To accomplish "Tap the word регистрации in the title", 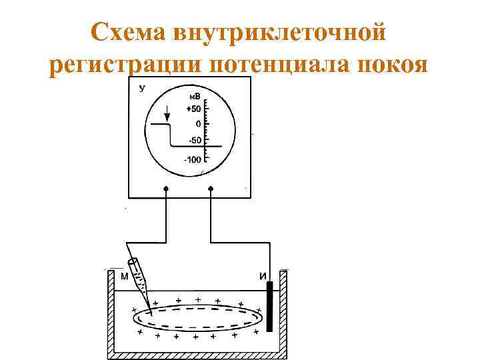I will pyautogui.click(x=126, y=67).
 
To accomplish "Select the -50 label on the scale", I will pyautogui.click(x=195, y=141).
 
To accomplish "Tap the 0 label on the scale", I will pyautogui.click(x=198, y=125).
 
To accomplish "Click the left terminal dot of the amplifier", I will pyautogui.click(x=166, y=189).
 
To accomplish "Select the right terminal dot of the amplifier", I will pyautogui.click(x=211, y=189).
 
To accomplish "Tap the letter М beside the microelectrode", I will pyautogui.click(x=124, y=276).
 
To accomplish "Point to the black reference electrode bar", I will pyautogui.click(x=269, y=307).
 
